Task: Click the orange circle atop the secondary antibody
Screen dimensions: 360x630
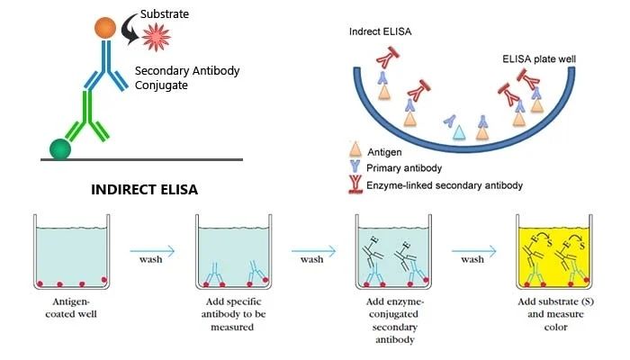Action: [106, 27]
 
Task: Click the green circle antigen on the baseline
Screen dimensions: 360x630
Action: [61, 147]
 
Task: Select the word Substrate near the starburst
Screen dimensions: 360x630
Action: [164, 14]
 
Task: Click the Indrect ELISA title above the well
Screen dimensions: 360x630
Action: [378, 32]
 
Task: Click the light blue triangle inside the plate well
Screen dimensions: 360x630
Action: [459, 131]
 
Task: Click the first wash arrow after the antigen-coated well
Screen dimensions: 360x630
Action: [150, 254]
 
